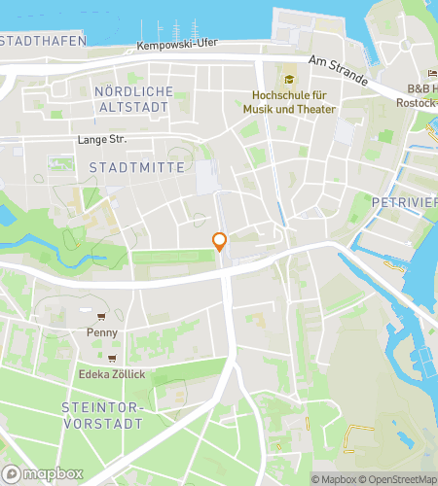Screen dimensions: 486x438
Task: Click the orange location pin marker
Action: click(x=220, y=242)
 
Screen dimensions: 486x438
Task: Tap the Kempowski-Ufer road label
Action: click(x=176, y=46)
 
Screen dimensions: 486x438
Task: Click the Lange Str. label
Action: click(x=102, y=140)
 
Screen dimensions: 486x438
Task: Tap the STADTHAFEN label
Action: click(x=43, y=41)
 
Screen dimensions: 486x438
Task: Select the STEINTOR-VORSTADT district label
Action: click(x=101, y=415)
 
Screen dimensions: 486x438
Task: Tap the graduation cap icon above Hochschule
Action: click(x=288, y=79)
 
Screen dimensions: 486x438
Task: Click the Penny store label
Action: click(x=101, y=332)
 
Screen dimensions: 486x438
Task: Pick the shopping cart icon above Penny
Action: click(x=101, y=316)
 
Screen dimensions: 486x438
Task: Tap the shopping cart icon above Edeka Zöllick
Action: click(x=111, y=358)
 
